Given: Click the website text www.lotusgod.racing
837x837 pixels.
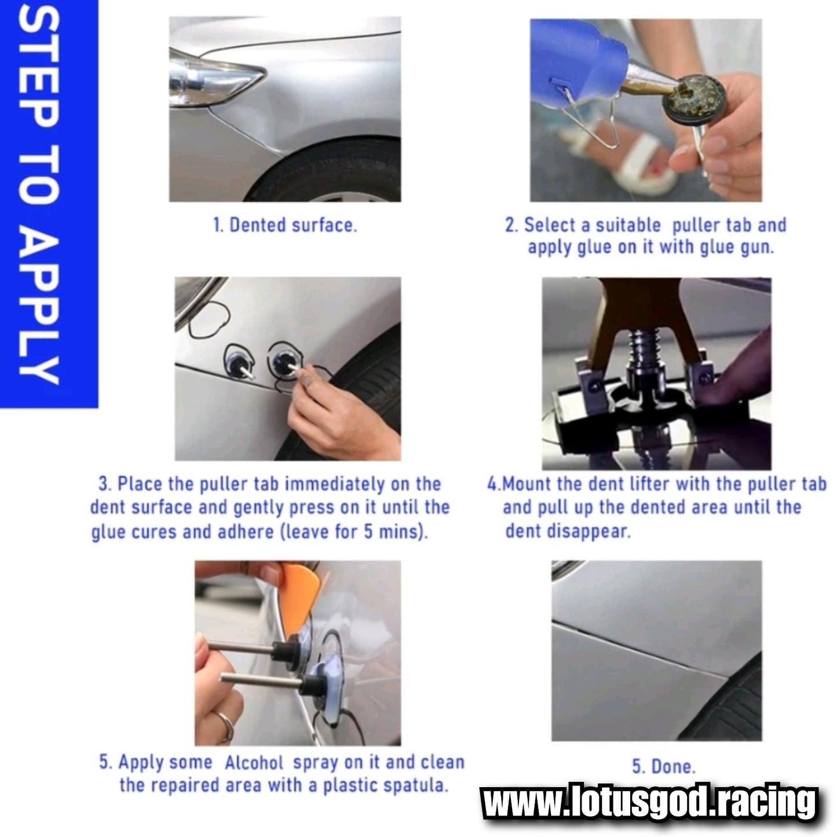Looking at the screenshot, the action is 649,803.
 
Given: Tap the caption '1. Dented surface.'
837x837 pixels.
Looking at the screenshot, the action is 285,225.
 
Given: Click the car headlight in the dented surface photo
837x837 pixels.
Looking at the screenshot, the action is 213,78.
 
